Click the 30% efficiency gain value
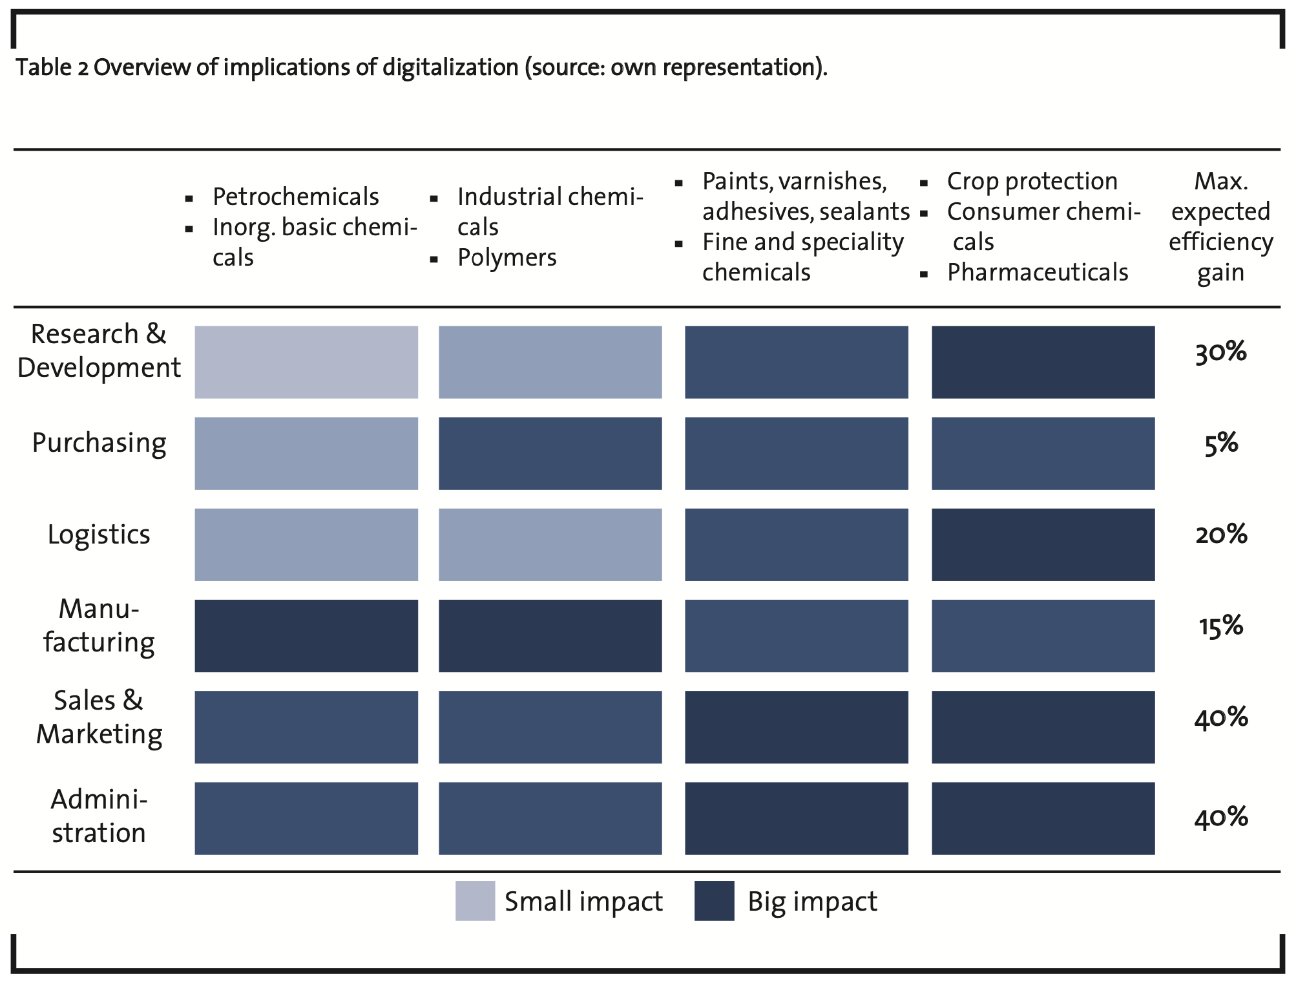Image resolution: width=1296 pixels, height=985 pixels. pos(1220,353)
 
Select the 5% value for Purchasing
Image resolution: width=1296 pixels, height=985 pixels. pos(1221,444)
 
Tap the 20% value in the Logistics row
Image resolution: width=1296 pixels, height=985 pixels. pos(1221,535)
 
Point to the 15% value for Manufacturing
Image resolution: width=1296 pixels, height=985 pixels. pos(1221,626)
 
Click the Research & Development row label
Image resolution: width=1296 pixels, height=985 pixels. pos(99,351)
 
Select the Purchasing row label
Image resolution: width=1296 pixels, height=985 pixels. pos(99,444)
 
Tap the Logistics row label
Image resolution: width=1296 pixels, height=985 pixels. pos(99,535)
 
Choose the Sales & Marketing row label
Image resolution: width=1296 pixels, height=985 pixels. pos(99,717)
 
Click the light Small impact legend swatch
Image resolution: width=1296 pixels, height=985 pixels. pos(475,900)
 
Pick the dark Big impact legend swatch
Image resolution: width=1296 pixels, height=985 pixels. pos(715,900)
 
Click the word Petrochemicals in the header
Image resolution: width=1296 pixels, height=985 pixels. pos(296,196)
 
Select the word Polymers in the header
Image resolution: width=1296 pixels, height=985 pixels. pos(507,258)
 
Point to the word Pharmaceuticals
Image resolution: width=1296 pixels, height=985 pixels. pos(1038,273)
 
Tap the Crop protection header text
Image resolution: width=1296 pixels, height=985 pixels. pos(1032,182)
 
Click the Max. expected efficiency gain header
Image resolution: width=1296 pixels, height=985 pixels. pos(1220,227)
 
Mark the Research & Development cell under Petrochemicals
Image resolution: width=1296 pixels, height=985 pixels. pos(306,362)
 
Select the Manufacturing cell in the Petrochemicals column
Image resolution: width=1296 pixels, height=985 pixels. pos(306,636)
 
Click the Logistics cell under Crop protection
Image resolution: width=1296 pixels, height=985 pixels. pos(1043,545)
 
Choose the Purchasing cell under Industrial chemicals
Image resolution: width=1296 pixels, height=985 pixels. pos(550,453)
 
